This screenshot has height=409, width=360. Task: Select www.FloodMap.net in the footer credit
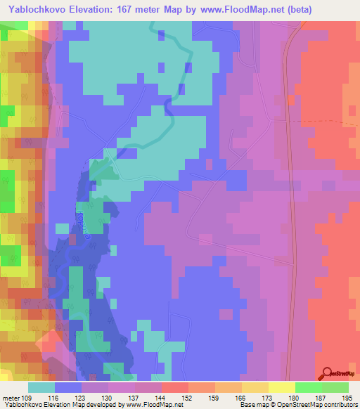150,404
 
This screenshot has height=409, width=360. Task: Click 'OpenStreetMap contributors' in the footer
319,404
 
